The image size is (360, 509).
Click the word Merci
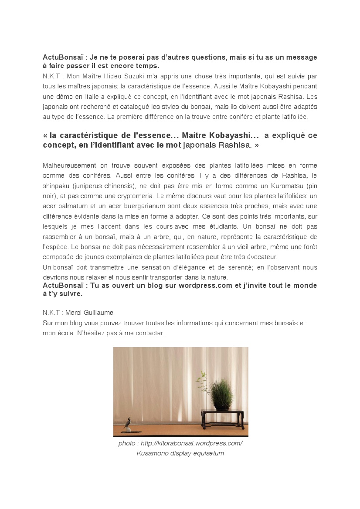tap(73, 313)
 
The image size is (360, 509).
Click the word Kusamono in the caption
tap(151, 453)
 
